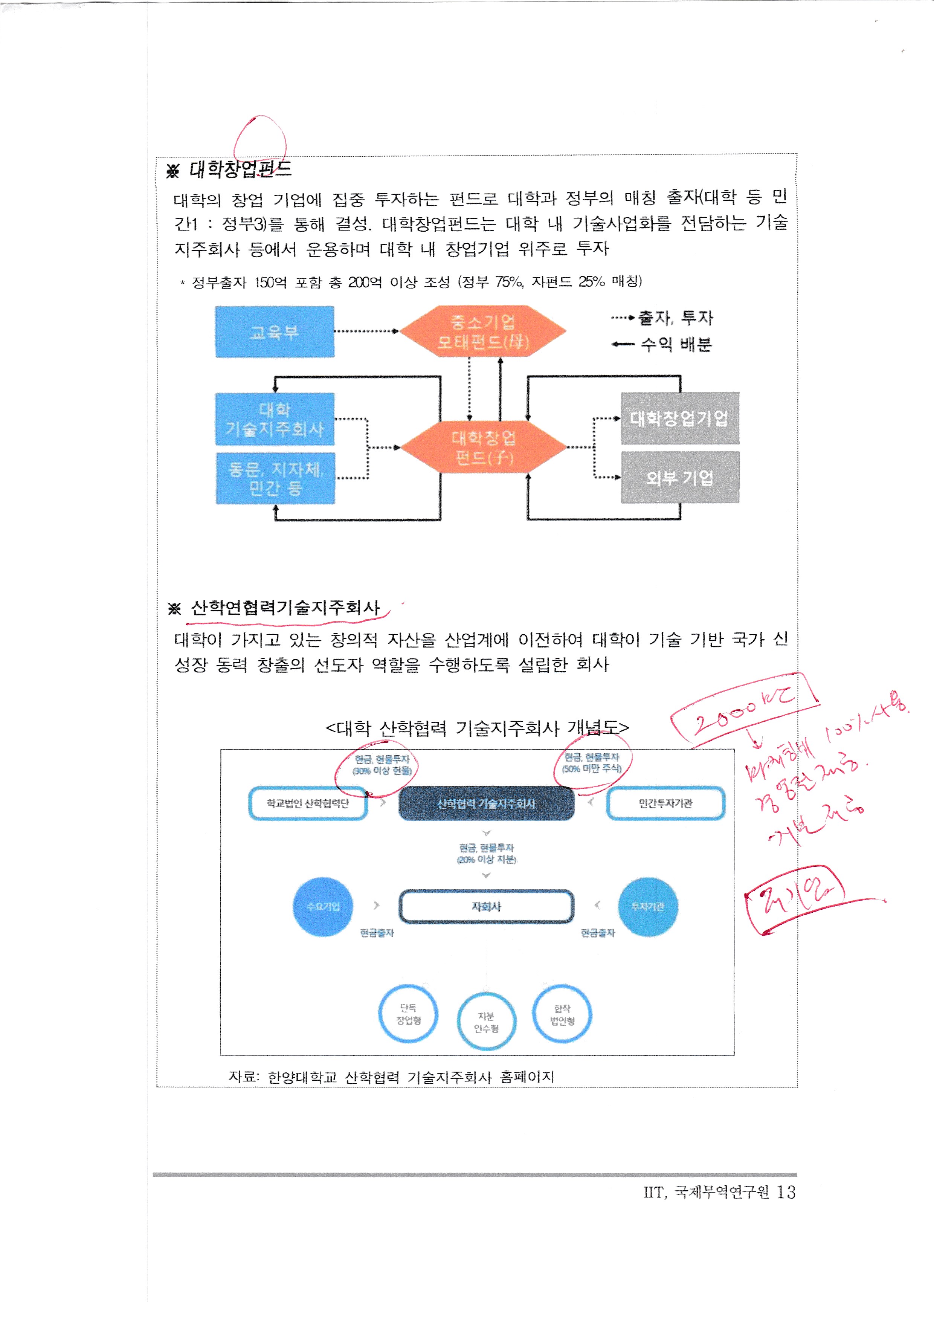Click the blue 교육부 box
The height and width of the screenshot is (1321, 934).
pyautogui.click(x=274, y=332)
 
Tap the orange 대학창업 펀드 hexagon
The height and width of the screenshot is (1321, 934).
pyautogui.click(x=484, y=447)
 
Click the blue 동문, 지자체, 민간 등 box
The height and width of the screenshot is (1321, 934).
pyautogui.click(x=275, y=478)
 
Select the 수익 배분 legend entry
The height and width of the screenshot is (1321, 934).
pyautogui.click(x=675, y=345)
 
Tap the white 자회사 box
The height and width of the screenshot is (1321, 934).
pyautogui.click(x=486, y=907)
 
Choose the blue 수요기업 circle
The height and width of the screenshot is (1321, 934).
pyautogui.click(x=323, y=907)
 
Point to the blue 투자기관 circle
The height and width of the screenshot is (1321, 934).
pyautogui.click(x=648, y=907)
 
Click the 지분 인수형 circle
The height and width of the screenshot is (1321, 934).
pyautogui.click(x=486, y=1022)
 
